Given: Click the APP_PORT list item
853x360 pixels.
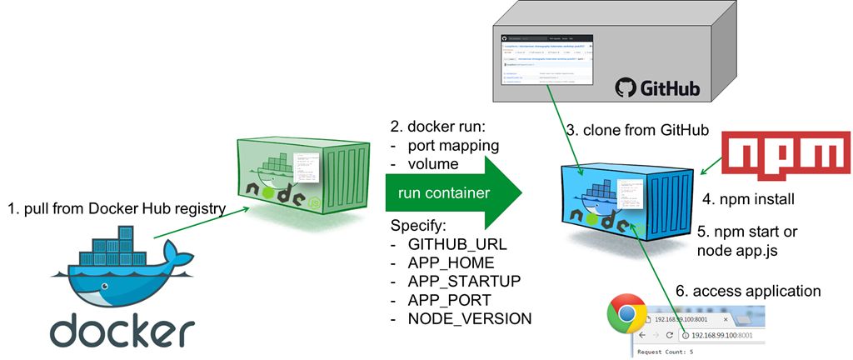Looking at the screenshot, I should pyautogui.click(x=447, y=301).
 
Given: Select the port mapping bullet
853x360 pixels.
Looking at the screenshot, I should pyautogui.click(x=454, y=146).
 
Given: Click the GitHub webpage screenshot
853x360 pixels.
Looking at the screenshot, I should pyautogui.click(x=546, y=59).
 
